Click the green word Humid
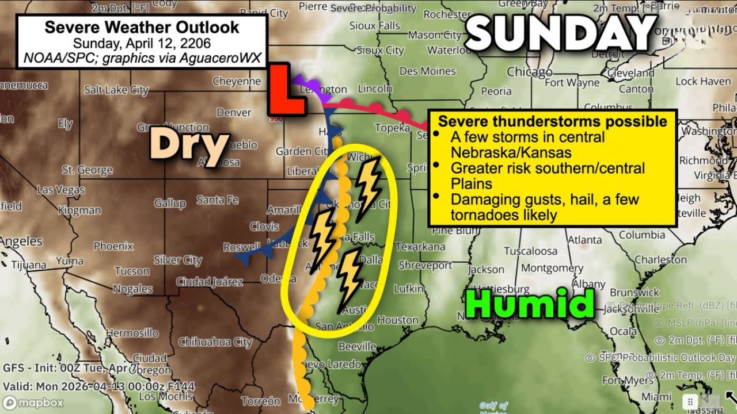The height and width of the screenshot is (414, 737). (529, 304)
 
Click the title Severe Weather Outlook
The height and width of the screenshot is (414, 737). (142, 27)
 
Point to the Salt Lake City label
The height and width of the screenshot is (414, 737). (116, 90)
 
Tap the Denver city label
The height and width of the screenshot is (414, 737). (234, 113)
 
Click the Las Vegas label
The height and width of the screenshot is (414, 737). (60, 190)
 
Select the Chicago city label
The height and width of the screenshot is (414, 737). (529, 72)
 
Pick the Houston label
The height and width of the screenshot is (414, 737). (398, 320)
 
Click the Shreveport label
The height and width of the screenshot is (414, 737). (425, 266)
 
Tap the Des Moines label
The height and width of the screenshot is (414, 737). (427, 71)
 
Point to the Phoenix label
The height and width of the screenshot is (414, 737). (113, 246)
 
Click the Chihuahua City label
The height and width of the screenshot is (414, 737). (215, 342)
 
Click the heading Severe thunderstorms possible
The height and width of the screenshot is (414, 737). (552, 121)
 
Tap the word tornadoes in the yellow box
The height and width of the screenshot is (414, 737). (481, 215)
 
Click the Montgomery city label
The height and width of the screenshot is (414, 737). (552, 268)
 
